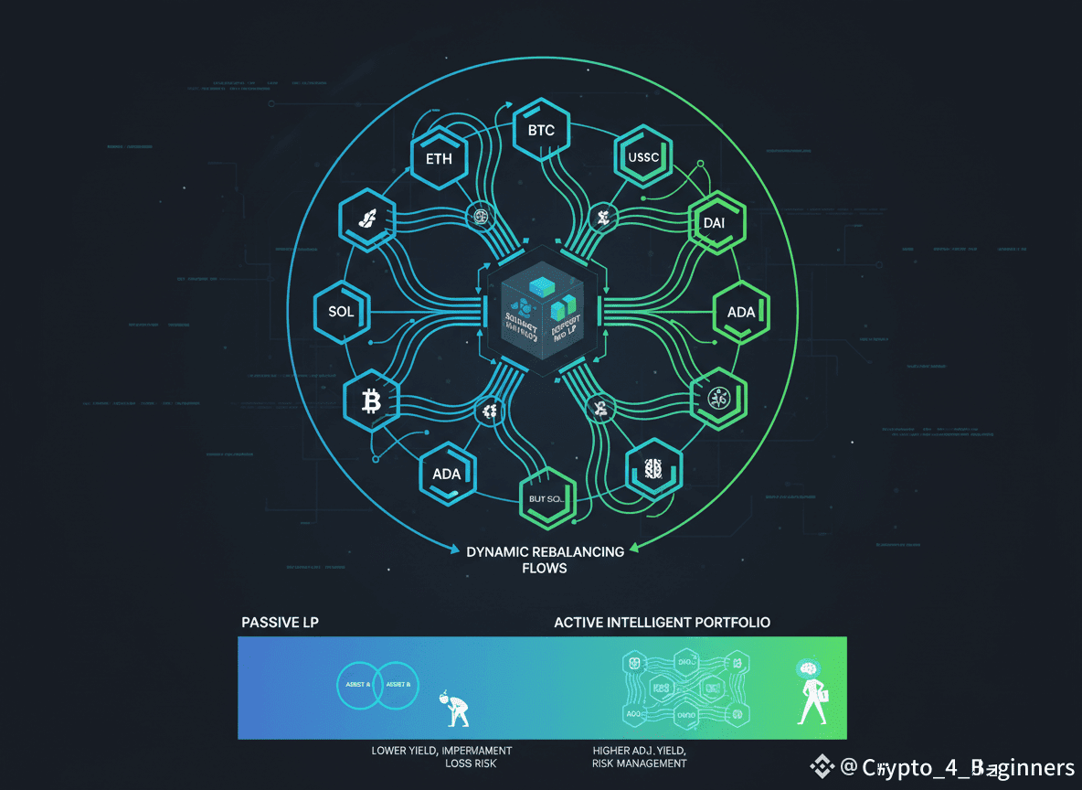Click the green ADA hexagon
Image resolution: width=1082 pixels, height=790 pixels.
tap(741, 312)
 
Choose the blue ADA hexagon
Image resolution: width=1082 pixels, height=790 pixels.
tap(447, 474)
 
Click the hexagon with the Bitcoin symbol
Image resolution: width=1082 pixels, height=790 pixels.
tap(371, 400)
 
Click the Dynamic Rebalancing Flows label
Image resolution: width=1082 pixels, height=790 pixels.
tap(545, 560)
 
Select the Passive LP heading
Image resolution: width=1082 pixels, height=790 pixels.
tap(280, 622)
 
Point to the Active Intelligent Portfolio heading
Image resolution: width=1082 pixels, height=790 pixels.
tap(662, 622)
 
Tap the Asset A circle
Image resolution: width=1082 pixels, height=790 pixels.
tap(357, 684)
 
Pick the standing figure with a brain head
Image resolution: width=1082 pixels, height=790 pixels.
tap(810, 691)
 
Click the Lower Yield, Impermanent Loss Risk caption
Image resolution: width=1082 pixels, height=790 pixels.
tap(441, 756)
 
